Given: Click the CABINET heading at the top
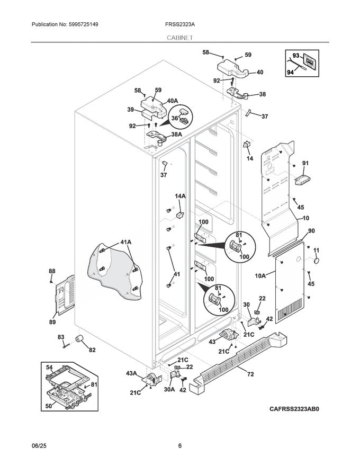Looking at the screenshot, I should pyautogui.click(x=179, y=38).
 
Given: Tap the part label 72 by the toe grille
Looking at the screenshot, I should pyautogui.click(x=250, y=374).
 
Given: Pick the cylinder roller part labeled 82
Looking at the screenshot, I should pyautogui.click(x=82, y=339).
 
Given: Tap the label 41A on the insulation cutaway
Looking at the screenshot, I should pyautogui.click(x=125, y=243).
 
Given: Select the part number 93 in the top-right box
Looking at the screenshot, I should pyautogui.click(x=295, y=56).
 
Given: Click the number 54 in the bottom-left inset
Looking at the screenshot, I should pyautogui.click(x=49, y=367).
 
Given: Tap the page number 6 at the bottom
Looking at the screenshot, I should pyautogui.click(x=180, y=445).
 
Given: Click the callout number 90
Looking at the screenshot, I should pyautogui.click(x=311, y=231).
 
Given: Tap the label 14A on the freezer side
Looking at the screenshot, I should pyautogui.click(x=181, y=196).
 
